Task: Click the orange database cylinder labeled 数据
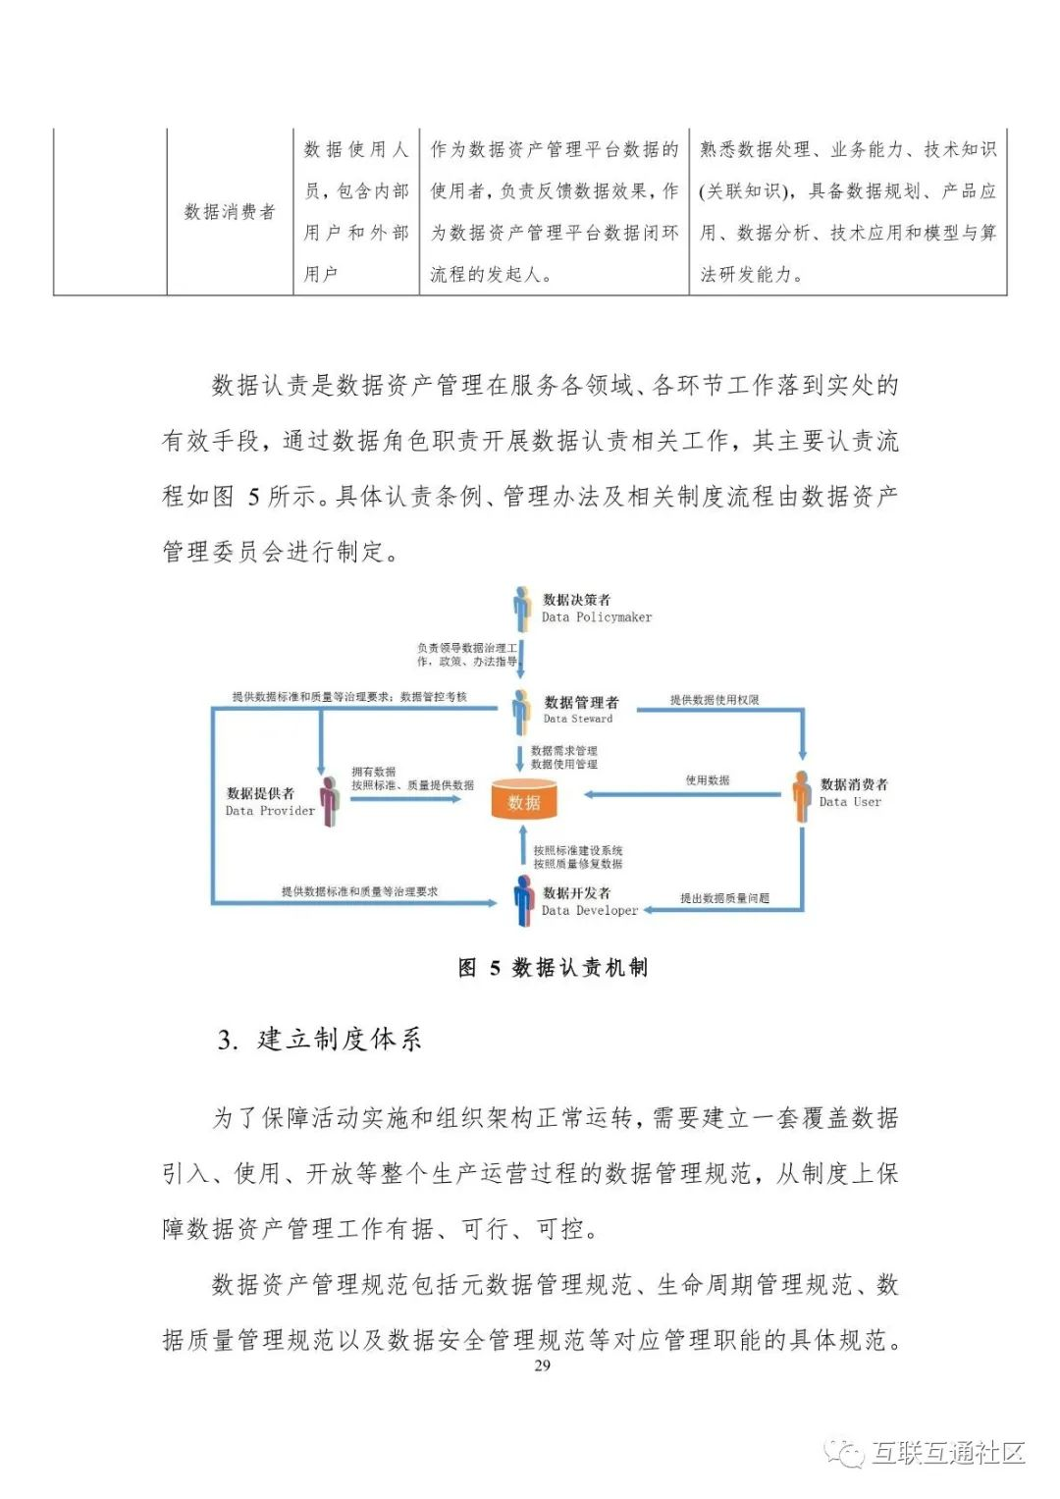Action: pyautogui.click(x=523, y=801)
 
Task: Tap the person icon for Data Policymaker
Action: pyautogui.click(x=522, y=608)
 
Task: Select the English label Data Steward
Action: pyautogui.click(x=578, y=719)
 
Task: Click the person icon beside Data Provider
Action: pyautogui.click(x=330, y=801)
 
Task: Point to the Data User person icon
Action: pyautogui.click(x=802, y=795)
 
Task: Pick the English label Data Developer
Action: pyautogui.click(x=590, y=910)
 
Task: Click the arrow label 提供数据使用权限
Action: pyautogui.click(x=715, y=700)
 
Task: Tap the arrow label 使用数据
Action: pyautogui.click(x=708, y=780)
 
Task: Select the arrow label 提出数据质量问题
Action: pyautogui.click(x=724, y=898)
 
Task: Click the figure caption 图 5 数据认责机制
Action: pyautogui.click(x=553, y=968)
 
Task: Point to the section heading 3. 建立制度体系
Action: pyautogui.click(x=320, y=1040)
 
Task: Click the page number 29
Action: pyautogui.click(x=542, y=1365)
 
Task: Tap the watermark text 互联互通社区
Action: pyautogui.click(x=948, y=1452)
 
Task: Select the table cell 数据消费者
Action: pyautogui.click(x=230, y=212)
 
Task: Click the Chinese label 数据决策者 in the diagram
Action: pyautogui.click(x=577, y=600)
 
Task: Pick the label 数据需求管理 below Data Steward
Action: pyautogui.click(x=563, y=751)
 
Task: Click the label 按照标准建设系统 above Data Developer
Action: pyautogui.click(x=578, y=850)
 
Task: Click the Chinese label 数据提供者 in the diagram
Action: pyautogui.click(x=260, y=793)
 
